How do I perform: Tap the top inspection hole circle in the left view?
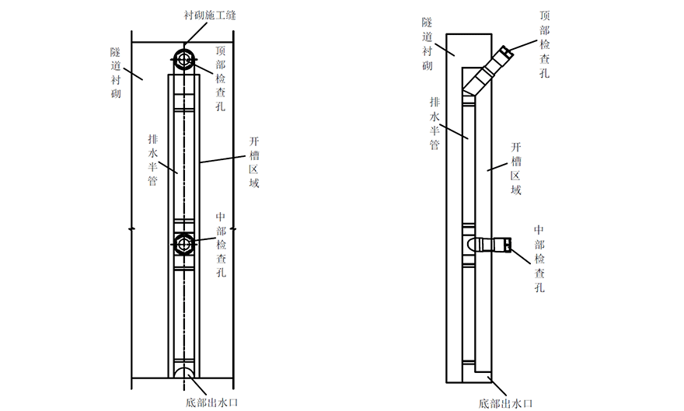click(x=185, y=60)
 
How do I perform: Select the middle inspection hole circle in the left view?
click(x=185, y=244)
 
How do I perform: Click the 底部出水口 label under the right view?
click(x=506, y=403)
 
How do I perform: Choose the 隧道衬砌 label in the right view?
click(x=427, y=46)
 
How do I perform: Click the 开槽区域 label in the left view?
click(x=253, y=162)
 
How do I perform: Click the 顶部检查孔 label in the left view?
click(x=221, y=78)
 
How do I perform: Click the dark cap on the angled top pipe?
click(x=506, y=52)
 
